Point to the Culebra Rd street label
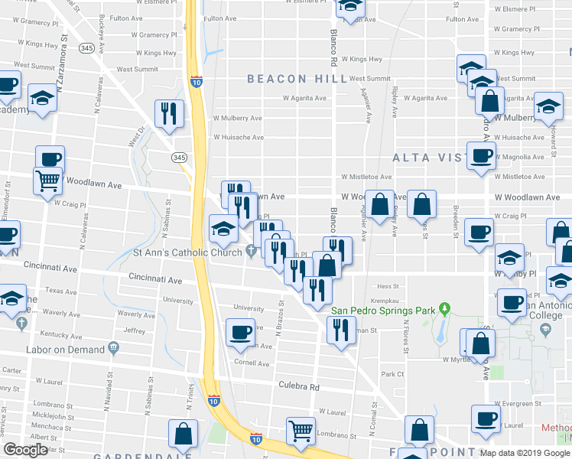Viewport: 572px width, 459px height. [298, 387]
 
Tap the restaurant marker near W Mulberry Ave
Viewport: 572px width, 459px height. [167, 113]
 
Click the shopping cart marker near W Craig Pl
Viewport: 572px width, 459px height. [47, 181]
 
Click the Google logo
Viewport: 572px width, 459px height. [25, 450]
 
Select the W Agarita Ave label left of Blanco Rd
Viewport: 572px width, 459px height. [306, 98]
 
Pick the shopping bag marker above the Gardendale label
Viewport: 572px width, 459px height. [184, 434]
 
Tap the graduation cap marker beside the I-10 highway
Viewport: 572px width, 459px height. [223, 227]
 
